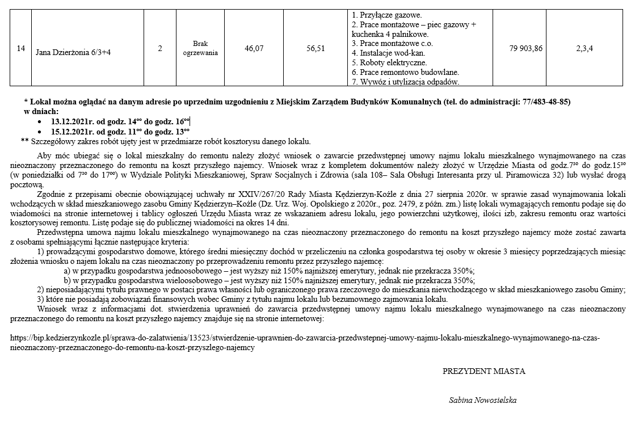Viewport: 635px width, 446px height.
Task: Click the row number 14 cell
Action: pos(20,49)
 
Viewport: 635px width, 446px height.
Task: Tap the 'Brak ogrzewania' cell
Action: pos(201,48)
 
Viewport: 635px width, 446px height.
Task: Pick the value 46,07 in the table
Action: pos(254,49)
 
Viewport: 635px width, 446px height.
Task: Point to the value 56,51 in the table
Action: pos(316,49)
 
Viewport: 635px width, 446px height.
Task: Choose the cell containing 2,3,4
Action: pos(584,49)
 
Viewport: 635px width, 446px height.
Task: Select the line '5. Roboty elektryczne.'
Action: pos(389,62)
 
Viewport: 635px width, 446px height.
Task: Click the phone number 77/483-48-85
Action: pos(545,102)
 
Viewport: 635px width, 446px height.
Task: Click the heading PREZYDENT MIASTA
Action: pos(483,372)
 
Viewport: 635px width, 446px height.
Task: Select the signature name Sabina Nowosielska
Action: pos(482,400)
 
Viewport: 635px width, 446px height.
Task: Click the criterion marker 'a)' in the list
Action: pos(68,270)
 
